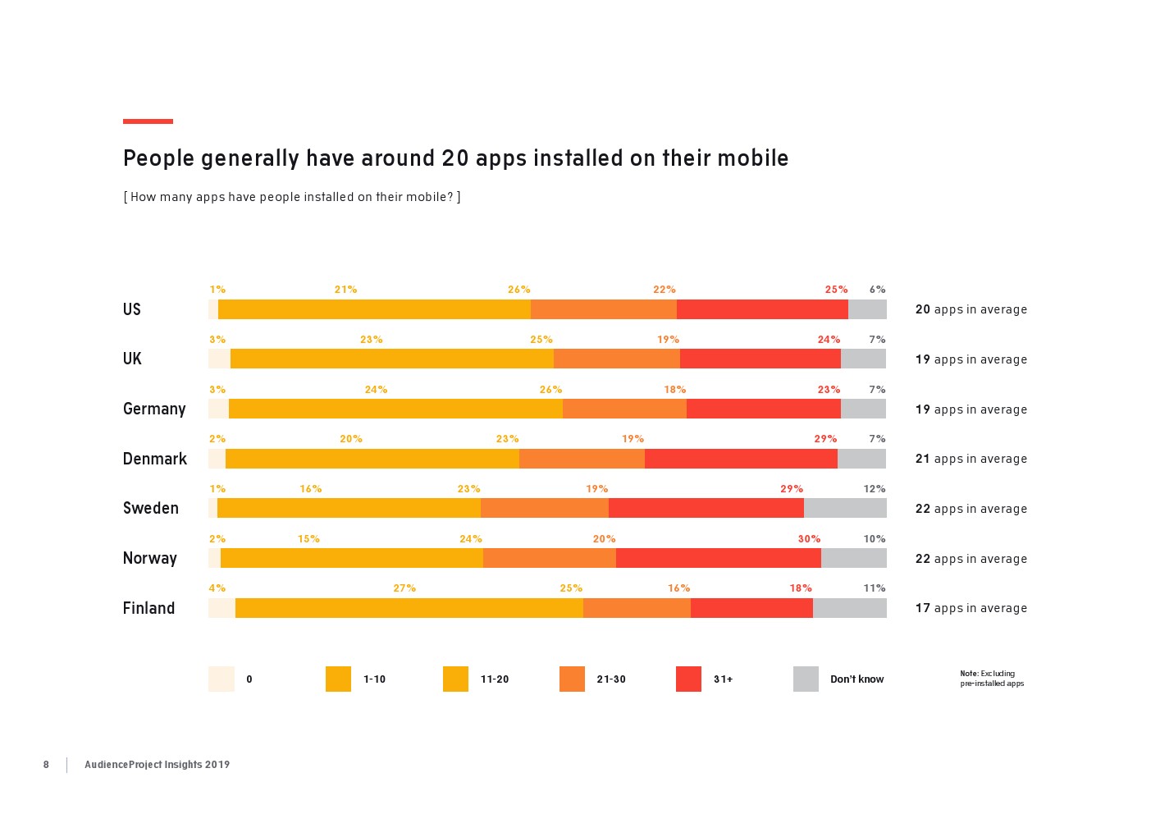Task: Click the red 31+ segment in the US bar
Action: pos(762,309)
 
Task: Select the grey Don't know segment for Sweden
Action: pos(845,508)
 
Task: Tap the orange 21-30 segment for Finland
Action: pos(637,608)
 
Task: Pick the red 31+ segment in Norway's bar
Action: pos(718,558)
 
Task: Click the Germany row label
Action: pos(154,409)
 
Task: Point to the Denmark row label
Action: pos(155,459)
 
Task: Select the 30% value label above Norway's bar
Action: pos(809,539)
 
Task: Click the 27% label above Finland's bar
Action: pos(404,588)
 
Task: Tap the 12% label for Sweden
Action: pos(874,489)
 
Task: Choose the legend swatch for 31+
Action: pos(688,679)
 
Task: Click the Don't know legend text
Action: pos(856,679)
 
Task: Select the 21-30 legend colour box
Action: pos(572,679)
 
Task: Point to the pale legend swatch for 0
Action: pos(222,679)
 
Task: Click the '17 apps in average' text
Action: pos(971,608)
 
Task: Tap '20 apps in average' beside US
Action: pos(971,309)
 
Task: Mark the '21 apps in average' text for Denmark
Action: pos(971,459)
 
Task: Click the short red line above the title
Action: pos(148,121)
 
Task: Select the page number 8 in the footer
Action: pos(46,765)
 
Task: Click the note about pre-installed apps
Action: pos(992,679)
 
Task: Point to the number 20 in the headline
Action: pos(455,158)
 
